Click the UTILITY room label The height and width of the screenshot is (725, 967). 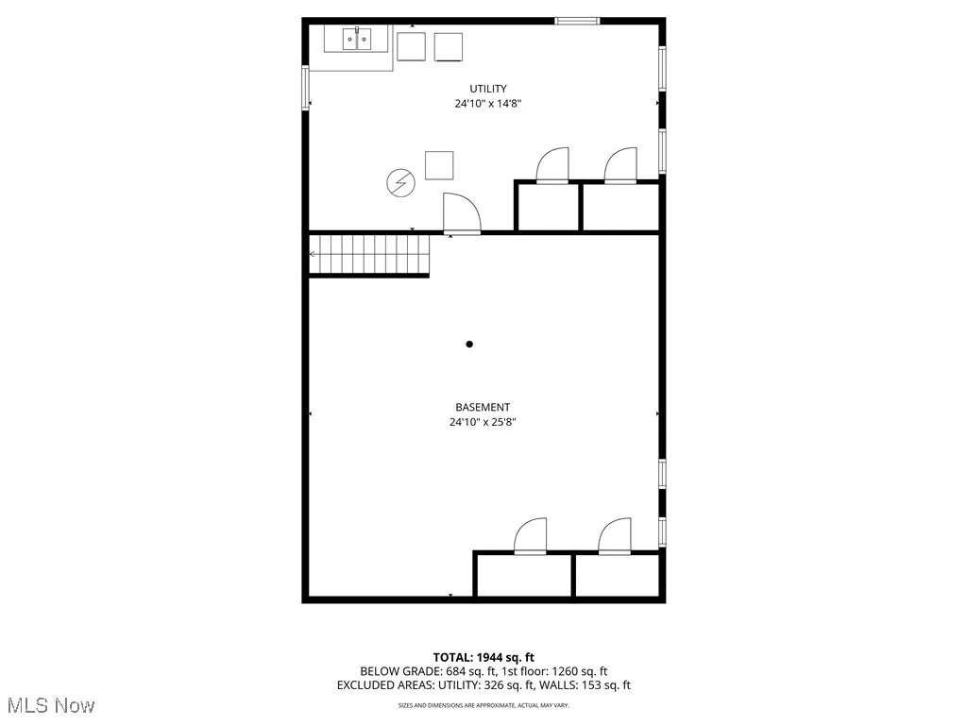(x=487, y=89)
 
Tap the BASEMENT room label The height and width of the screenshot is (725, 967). (x=483, y=408)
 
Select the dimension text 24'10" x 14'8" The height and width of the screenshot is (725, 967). (x=487, y=104)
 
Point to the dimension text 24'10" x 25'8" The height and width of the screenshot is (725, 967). (x=483, y=423)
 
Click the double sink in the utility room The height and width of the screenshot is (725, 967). (x=357, y=40)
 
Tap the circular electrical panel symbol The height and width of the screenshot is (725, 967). (x=399, y=182)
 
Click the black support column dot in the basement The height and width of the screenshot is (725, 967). (x=469, y=345)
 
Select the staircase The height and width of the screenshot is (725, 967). (x=369, y=255)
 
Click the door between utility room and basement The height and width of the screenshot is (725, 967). (x=461, y=214)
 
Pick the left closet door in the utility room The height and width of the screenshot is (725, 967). (x=553, y=166)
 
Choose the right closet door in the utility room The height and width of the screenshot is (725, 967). (x=621, y=166)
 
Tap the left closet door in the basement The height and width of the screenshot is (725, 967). (x=532, y=535)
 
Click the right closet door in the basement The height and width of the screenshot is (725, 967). (x=615, y=535)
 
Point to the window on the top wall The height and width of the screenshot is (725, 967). (x=577, y=21)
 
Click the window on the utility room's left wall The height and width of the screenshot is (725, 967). (x=305, y=88)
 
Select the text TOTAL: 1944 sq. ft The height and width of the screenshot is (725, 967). (x=483, y=657)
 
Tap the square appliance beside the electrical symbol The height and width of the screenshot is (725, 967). (x=438, y=165)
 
